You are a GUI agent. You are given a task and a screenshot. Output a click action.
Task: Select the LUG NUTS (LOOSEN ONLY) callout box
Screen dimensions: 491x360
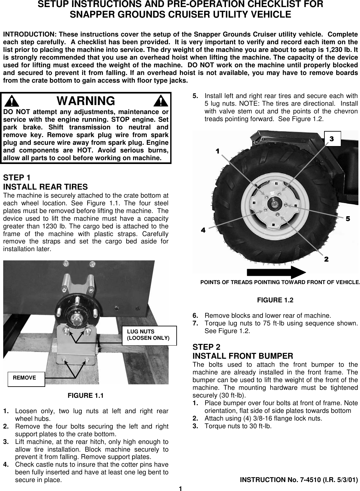click(x=149, y=335)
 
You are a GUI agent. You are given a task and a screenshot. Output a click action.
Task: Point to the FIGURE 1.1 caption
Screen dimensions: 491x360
click(x=86, y=396)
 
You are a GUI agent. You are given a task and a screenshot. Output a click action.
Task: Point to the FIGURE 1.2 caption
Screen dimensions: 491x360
click(x=275, y=300)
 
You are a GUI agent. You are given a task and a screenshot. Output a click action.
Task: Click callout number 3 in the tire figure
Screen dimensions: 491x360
click(x=331, y=139)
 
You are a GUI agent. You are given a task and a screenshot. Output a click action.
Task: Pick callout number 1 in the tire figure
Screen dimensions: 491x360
click(x=218, y=151)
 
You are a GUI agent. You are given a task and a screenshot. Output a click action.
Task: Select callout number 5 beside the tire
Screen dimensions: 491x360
click(x=347, y=219)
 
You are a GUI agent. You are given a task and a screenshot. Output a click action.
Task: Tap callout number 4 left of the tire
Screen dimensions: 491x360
click(x=203, y=230)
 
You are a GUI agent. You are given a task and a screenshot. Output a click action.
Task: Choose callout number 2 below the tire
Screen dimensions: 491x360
click(x=326, y=259)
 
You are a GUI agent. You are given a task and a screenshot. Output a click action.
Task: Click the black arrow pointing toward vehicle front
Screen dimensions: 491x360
click(x=276, y=272)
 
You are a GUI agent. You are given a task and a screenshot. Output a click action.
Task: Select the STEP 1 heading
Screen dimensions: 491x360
click(x=17, y=177)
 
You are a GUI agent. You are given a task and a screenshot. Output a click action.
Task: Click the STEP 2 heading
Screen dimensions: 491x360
click(x=206, y=347)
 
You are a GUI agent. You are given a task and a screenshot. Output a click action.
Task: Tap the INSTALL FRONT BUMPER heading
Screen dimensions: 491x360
click(x=242, y=356)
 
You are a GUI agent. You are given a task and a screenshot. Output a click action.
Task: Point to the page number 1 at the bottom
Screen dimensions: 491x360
click(x=180, y=488)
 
